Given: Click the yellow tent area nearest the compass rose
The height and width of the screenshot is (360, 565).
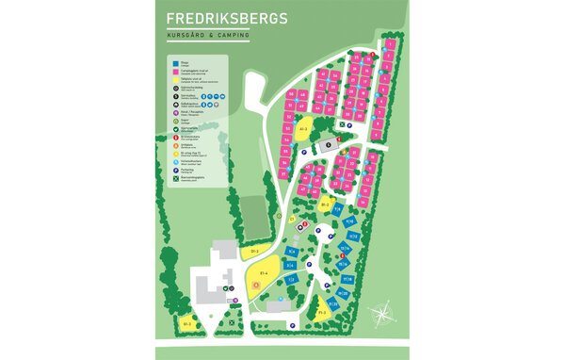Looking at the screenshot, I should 324,311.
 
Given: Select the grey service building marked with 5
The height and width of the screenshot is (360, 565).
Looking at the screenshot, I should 326,145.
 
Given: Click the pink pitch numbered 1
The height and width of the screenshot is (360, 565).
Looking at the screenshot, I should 388,43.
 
